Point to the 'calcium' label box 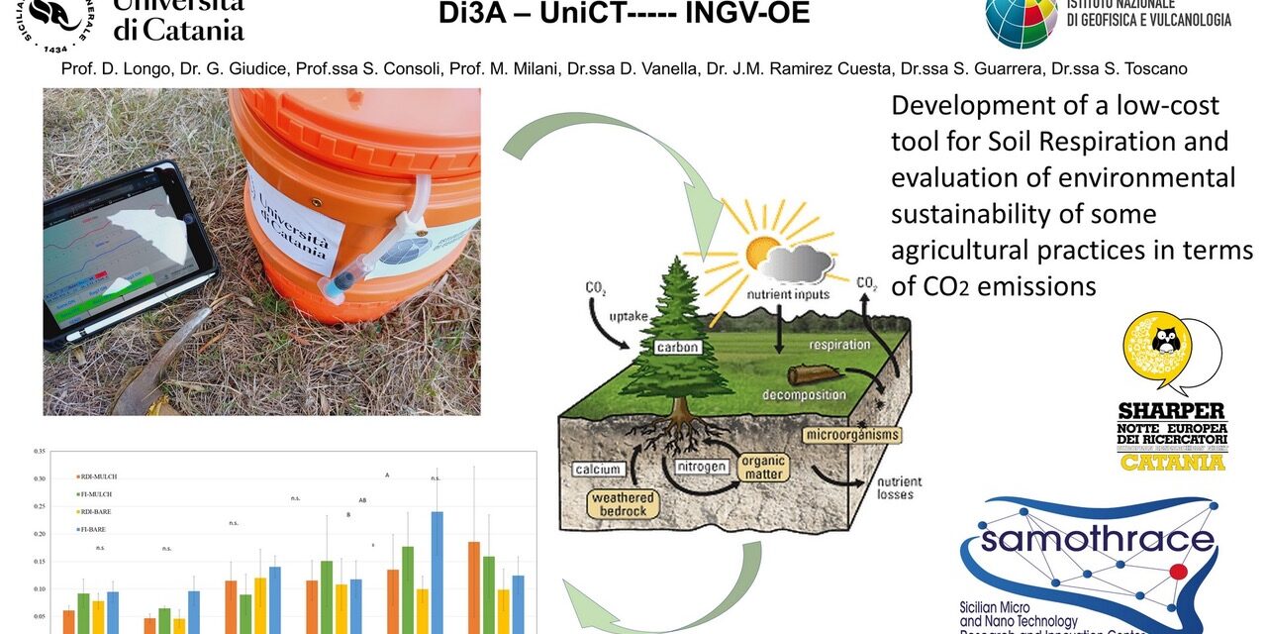coord(597,468)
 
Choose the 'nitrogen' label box coord(702,466)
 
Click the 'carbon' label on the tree coord(678,348)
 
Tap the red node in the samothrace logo coord(1178,573)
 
